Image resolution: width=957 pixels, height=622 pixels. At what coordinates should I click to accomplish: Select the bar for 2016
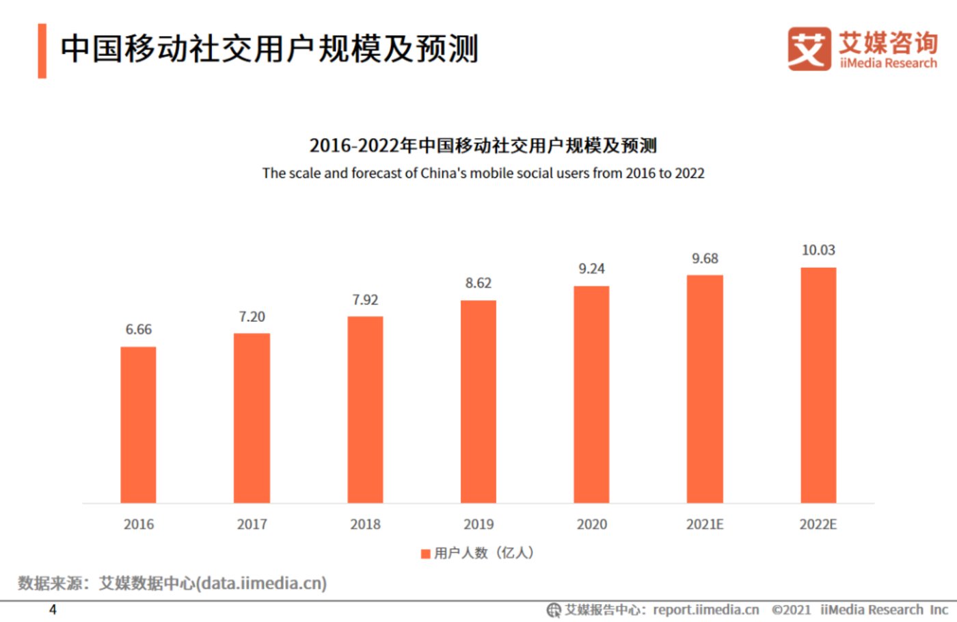138,424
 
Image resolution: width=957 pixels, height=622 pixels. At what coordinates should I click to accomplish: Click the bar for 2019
478,401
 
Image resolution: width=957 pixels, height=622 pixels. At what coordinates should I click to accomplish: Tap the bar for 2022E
818,385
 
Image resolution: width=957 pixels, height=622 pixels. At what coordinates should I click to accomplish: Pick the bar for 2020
591,394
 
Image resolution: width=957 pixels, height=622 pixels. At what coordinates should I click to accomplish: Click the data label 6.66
138,329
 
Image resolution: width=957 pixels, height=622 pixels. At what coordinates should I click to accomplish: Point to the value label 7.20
252,316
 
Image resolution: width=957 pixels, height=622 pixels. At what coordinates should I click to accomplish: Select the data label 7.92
365,300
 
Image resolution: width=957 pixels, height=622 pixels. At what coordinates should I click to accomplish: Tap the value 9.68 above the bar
705,258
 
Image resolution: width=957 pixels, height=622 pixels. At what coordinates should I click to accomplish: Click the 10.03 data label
818,250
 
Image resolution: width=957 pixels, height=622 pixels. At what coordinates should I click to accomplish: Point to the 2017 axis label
252,524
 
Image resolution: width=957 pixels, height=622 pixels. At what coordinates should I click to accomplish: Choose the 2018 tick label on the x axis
365,524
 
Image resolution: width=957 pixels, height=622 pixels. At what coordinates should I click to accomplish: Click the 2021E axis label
705,524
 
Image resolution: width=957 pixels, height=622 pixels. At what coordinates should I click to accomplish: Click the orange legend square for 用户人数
425,553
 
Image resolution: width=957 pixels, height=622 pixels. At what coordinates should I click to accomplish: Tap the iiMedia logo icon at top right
809,49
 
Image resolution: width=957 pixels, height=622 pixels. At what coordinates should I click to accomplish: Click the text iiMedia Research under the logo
888,63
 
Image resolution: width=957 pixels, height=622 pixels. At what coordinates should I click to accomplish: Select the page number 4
53,609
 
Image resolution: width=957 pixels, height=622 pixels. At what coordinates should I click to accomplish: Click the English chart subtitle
483,173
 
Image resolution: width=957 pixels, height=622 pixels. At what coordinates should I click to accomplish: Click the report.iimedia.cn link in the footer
705,610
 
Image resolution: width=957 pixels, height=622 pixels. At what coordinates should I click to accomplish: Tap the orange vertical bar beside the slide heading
42,51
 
